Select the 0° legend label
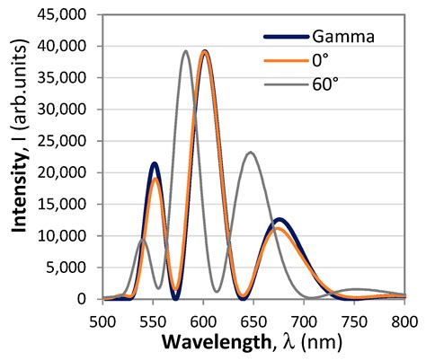[x=321, y=62]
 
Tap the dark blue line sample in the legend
[x=286, y=37]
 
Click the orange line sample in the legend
[x=286, y=62]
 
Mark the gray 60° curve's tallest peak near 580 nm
[x=185, y=51]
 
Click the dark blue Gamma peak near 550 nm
[x=155, y=163]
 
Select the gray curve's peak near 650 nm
[x=251, y=153]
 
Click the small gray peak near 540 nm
[x=142, y=239]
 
